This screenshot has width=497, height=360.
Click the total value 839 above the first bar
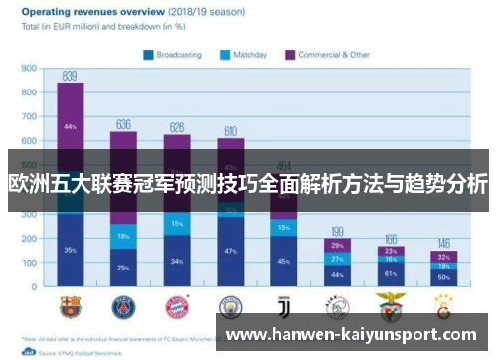pyautogui.click(x=70, y=76)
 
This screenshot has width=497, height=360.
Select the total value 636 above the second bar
pyautogui.click(x=123, y=124)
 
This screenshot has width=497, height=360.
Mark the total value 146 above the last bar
pyautogui.click(x=444, y=243)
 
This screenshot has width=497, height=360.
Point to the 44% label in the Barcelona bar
pyautogui.click(x=70, y=127)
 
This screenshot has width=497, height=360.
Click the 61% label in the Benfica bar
pyautogui.click(x=391, y=272)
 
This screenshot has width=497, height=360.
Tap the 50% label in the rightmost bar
pyautogui.click(x=444, y=275)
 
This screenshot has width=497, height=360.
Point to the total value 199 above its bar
pyautogui.click(x=337, y=230)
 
